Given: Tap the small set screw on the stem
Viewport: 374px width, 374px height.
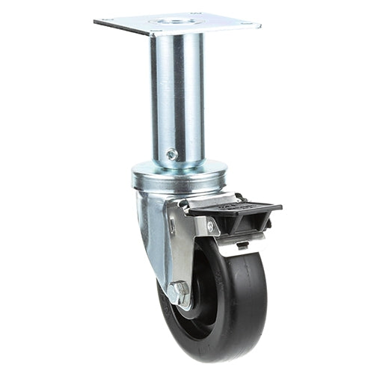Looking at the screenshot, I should click(x=172, y=155).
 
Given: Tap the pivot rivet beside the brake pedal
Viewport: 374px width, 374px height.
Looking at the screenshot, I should click(x=209, y=224).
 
